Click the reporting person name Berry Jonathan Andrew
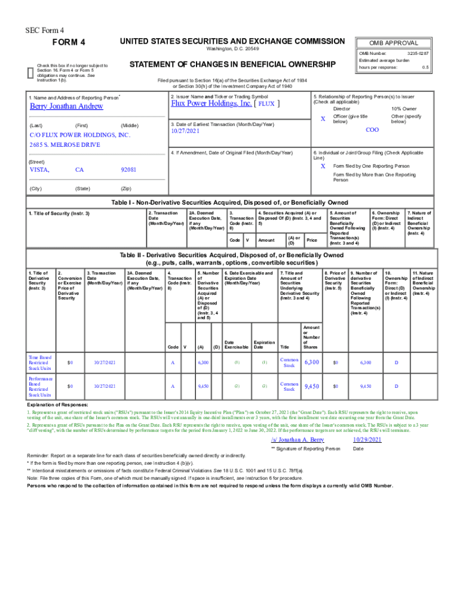click(x=66, y=106)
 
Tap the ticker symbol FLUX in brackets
click(x=266, y=103)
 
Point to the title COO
click(x=372, y=129)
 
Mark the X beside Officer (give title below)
click(x=323, y=119)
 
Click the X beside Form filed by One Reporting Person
click(x=323, y=166)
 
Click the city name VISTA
click(x=39, y=170)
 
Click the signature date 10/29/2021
click(x=367, y=440)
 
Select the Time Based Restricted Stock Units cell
click(x=41, y=363)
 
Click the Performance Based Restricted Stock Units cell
click(x=41, y=387)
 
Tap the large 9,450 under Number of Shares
click(x=312, y=387)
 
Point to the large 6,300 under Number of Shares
click(x=312, y=363)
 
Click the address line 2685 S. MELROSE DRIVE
click(x=65, y=145)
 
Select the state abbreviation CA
click(x=79, y=170)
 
